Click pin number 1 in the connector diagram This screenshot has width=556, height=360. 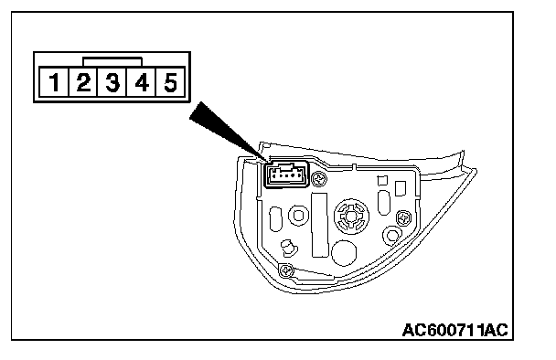54,82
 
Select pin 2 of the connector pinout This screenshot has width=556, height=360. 83,82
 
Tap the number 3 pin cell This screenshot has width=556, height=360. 112,82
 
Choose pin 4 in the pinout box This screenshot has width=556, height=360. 141,82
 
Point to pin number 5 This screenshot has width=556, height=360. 170,82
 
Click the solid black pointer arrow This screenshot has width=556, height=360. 227,131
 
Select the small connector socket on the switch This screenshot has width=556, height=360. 286,174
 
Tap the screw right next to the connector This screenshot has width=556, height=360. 319,178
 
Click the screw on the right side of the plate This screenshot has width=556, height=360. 403,217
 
